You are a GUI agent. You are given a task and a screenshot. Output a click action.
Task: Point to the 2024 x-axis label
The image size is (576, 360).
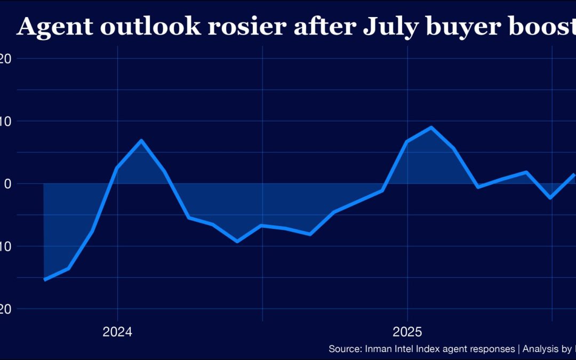click(117, 332)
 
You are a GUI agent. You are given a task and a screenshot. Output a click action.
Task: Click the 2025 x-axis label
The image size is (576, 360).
click(408, 332)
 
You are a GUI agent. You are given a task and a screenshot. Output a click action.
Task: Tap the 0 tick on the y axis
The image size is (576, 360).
click(7, 184)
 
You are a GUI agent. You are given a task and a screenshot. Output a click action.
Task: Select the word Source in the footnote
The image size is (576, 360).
click(345, 349)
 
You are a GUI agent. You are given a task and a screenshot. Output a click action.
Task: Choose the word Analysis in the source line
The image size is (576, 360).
click(541, 349)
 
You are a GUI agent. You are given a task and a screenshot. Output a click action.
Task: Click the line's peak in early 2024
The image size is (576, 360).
click(141, 140)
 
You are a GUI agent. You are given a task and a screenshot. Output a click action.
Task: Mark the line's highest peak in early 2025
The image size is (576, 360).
click(431, 127)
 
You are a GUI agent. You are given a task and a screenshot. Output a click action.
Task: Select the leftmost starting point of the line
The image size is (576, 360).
click(44, 279)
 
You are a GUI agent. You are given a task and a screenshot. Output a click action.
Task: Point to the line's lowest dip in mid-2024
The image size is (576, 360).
click(237, 242)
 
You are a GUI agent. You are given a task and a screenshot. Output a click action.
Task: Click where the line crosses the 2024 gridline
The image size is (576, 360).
click(117, 168)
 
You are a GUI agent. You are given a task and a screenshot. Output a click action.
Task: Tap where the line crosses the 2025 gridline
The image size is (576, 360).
click(408, 141)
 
